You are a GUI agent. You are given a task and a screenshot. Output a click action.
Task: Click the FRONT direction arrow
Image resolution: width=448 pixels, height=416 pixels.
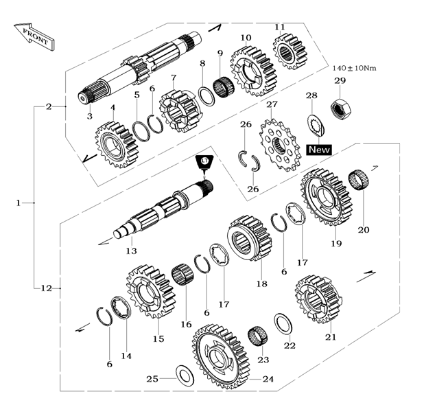(34, 36)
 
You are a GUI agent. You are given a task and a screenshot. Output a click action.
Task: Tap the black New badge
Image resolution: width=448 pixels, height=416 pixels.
(319, 150)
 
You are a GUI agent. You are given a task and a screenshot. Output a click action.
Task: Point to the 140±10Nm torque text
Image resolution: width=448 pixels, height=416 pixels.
(354, 68)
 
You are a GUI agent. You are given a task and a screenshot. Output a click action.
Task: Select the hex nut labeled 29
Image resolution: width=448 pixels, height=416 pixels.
(340, 108)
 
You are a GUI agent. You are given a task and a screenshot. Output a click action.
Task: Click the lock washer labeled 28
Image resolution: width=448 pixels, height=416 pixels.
(316, 124)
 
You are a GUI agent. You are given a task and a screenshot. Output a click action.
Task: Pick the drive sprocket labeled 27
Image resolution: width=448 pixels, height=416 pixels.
(280, 146)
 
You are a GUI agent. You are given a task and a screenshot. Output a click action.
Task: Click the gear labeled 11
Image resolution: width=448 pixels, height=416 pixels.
(290, 51)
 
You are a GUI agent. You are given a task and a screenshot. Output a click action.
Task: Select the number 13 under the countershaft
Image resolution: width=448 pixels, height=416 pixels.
(132, 251)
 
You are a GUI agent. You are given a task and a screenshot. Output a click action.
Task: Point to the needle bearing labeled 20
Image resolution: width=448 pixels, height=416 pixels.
(359, 180)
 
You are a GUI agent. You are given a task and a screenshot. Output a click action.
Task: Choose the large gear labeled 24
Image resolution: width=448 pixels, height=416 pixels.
(221, 356)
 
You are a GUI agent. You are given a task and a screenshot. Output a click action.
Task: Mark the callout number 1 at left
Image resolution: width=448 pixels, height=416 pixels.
(19, 203)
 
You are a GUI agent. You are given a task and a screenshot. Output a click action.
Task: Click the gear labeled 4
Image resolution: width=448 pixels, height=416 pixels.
(116, 145)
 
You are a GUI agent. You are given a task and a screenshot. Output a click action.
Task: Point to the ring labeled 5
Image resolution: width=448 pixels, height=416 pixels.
(141, 131)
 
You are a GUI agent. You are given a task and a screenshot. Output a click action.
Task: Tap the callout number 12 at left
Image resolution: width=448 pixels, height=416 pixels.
(46, 288)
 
